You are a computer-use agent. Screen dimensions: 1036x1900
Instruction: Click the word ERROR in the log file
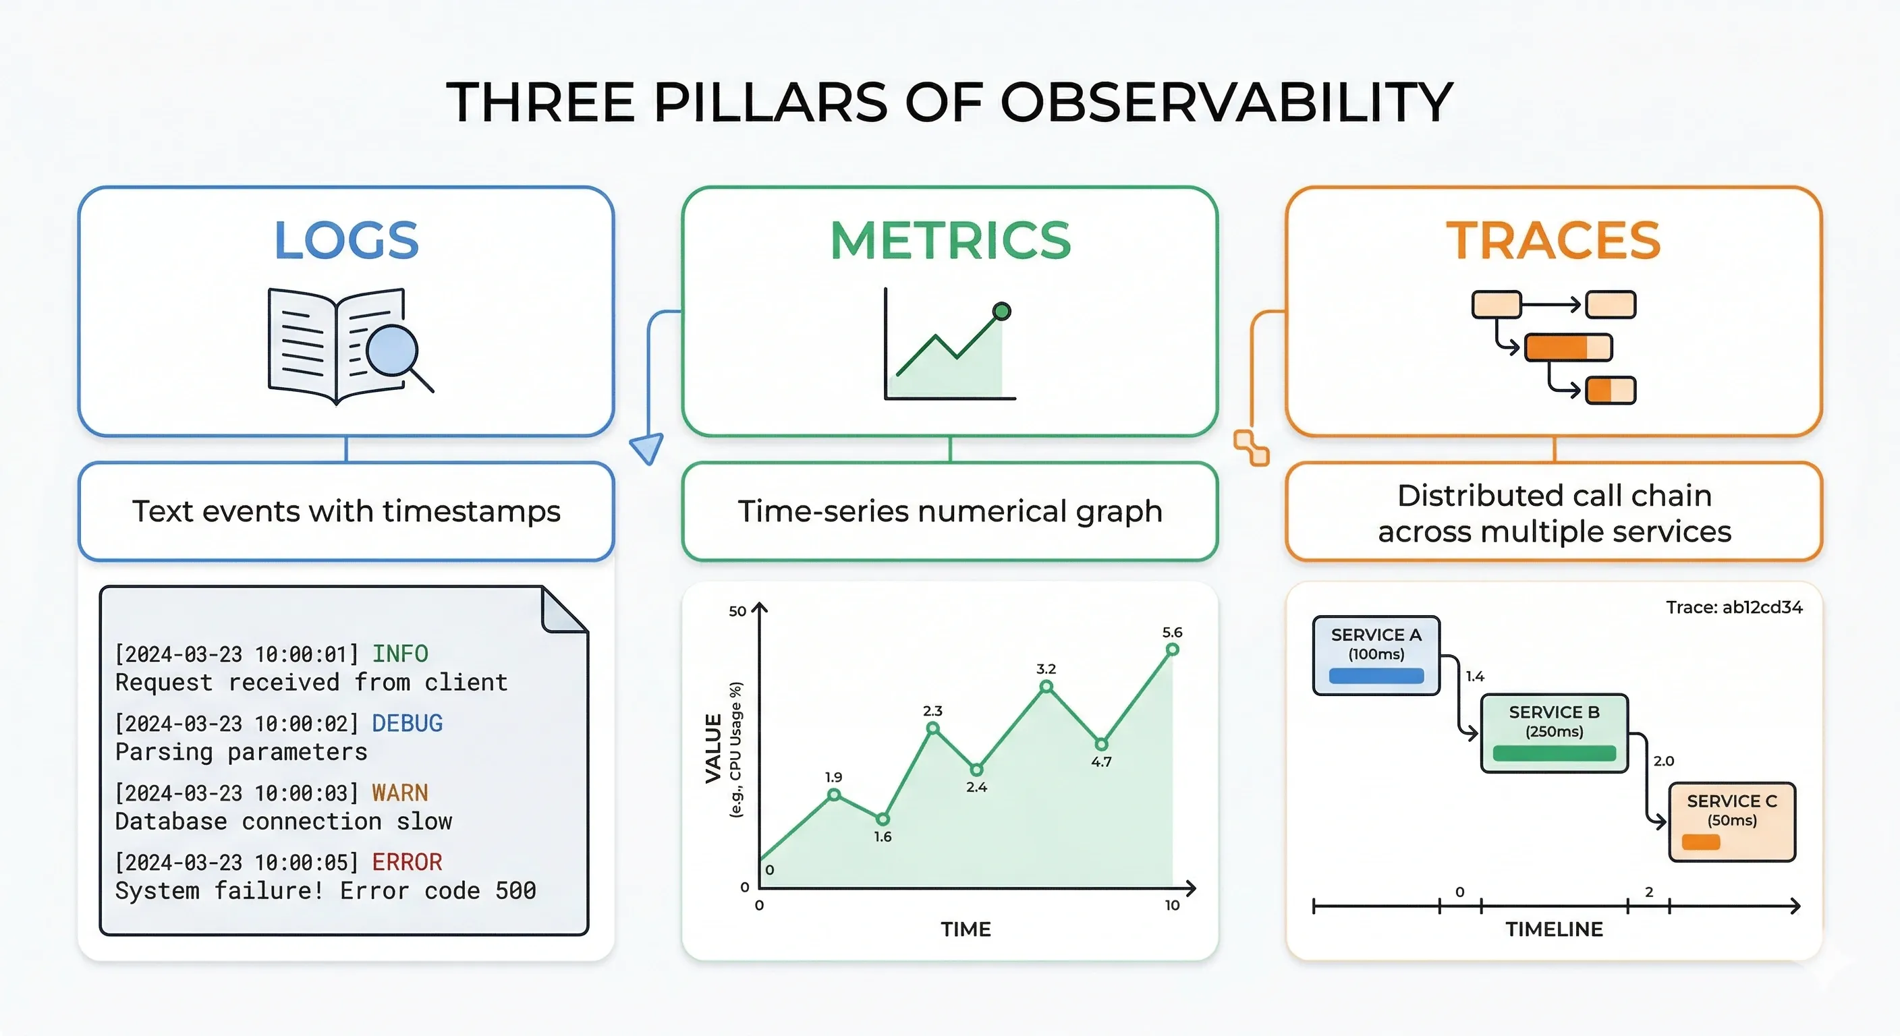point(406,862)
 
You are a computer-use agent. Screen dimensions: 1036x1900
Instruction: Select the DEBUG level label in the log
point(406,723)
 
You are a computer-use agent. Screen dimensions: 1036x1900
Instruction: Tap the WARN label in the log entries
point(399,793)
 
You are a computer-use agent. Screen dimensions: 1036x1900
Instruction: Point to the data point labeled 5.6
point(1172,650)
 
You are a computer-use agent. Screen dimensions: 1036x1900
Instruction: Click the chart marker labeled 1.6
point(882,818)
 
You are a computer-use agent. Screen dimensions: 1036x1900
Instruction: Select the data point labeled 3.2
point(1046,687)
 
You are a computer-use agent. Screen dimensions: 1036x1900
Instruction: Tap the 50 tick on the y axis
point(737,611)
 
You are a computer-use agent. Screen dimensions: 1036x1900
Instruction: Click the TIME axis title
point(965,929)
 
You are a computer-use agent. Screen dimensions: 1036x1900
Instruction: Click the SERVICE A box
point(1376,656)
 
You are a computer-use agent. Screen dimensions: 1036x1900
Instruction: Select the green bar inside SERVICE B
point(1553,753)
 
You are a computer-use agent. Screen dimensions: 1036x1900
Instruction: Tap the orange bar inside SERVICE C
point(1700,842)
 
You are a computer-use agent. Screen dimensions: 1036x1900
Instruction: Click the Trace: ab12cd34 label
point(1733,607)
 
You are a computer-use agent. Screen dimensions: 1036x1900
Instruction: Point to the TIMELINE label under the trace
point(1553,929)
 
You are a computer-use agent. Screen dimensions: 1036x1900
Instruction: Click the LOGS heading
point(346,240)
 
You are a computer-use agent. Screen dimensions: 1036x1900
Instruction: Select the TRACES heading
point(1553,240)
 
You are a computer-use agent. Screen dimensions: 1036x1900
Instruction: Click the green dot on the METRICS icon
point(1001,311)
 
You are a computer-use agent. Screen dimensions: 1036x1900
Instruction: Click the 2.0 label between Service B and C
point(1663,761)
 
